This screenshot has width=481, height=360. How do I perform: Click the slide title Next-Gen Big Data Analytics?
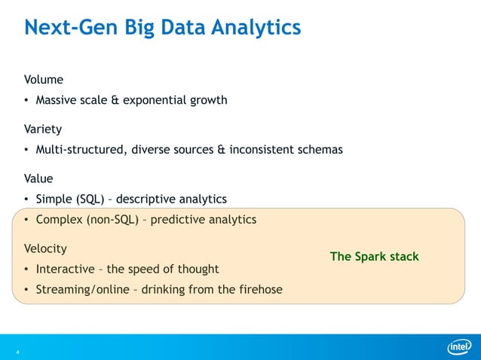[x=162, y=28]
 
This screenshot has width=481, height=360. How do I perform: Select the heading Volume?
[x=43, y=79]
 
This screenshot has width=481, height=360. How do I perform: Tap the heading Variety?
[x=43, y=129]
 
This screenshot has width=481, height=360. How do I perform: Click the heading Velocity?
[x=45, y=248]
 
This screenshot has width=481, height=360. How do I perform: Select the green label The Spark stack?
[x=374, y=257]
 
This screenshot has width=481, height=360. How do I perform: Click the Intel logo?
[x=458, y=346]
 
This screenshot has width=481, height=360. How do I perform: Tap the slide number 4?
[x=17, y=351]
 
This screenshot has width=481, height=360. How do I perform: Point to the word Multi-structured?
[x=81, y=149]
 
